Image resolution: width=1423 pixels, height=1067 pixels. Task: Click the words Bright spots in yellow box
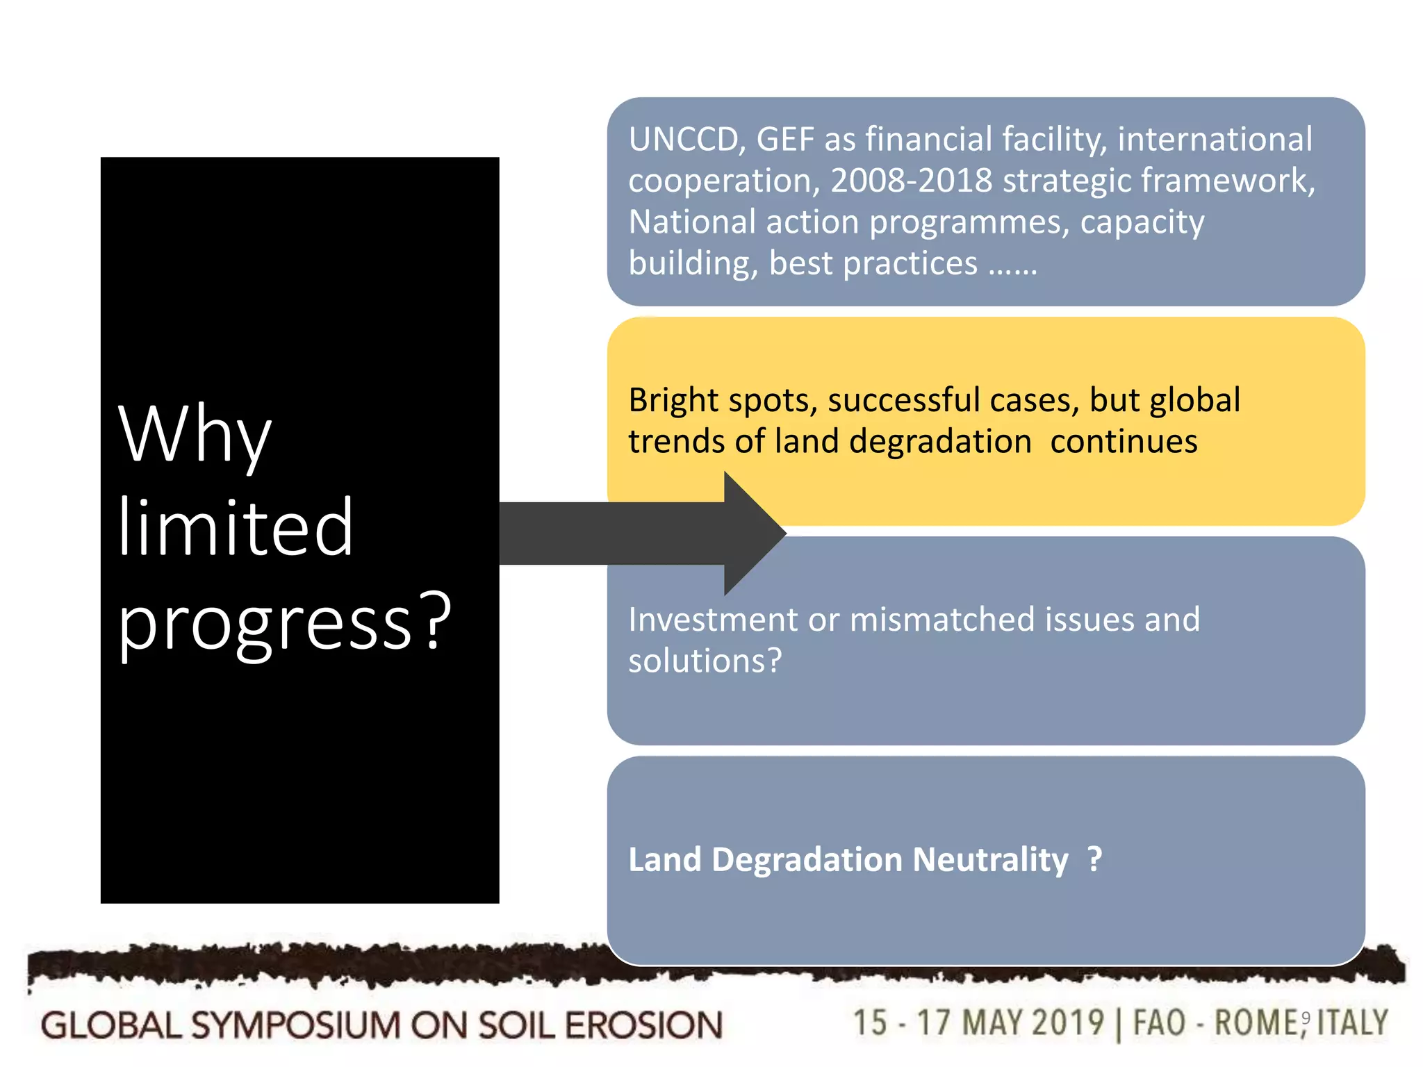tap(722, 401)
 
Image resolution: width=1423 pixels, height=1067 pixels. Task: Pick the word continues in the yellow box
tap(1124, 442)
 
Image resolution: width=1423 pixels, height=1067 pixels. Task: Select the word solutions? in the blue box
tap(705, 661)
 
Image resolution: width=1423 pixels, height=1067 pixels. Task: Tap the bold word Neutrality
tap(990, 860)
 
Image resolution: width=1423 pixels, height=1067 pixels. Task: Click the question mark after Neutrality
tap(1094, 860)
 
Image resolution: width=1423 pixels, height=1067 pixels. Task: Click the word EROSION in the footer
tap(643, 1026)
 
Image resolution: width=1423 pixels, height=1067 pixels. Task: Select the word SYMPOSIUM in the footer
tap(295, 1026)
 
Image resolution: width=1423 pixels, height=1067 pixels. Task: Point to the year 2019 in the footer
tap(1067, 1023)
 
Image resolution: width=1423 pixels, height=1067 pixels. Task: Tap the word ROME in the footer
tap(1255, 1023)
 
